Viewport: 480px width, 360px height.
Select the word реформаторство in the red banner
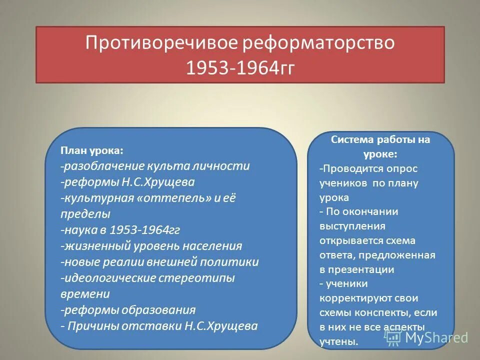(318, 43)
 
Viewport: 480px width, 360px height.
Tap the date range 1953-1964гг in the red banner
(240, 68)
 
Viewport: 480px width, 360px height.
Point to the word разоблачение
(103, 166)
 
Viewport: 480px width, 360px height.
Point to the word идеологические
(109, 278)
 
